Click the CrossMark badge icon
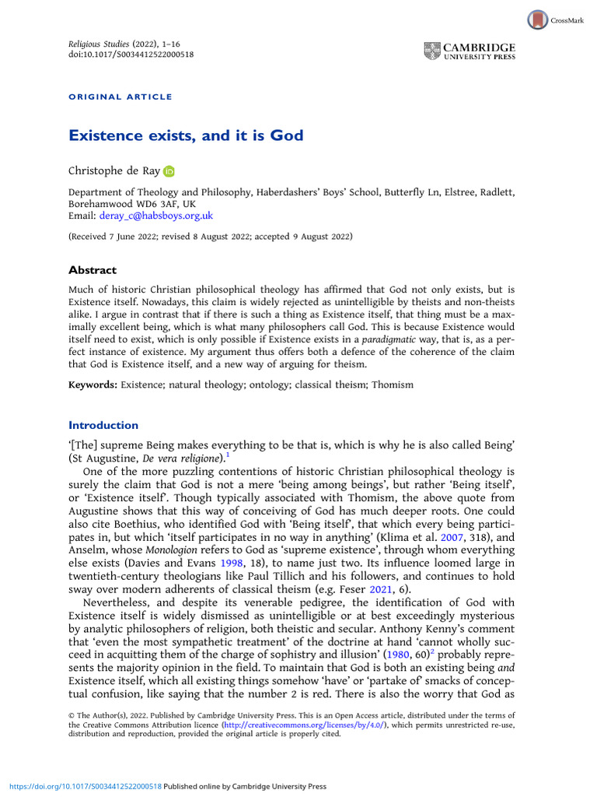point(538,19)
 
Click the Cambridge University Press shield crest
point(432,51)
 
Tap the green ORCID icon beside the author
point(169,170)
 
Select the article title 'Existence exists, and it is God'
point(186,136)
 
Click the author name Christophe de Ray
point(113,170)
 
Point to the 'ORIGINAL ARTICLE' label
point(120,97)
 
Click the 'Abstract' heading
point(93,270)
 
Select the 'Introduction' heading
point(103,425)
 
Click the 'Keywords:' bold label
point(93,384)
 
